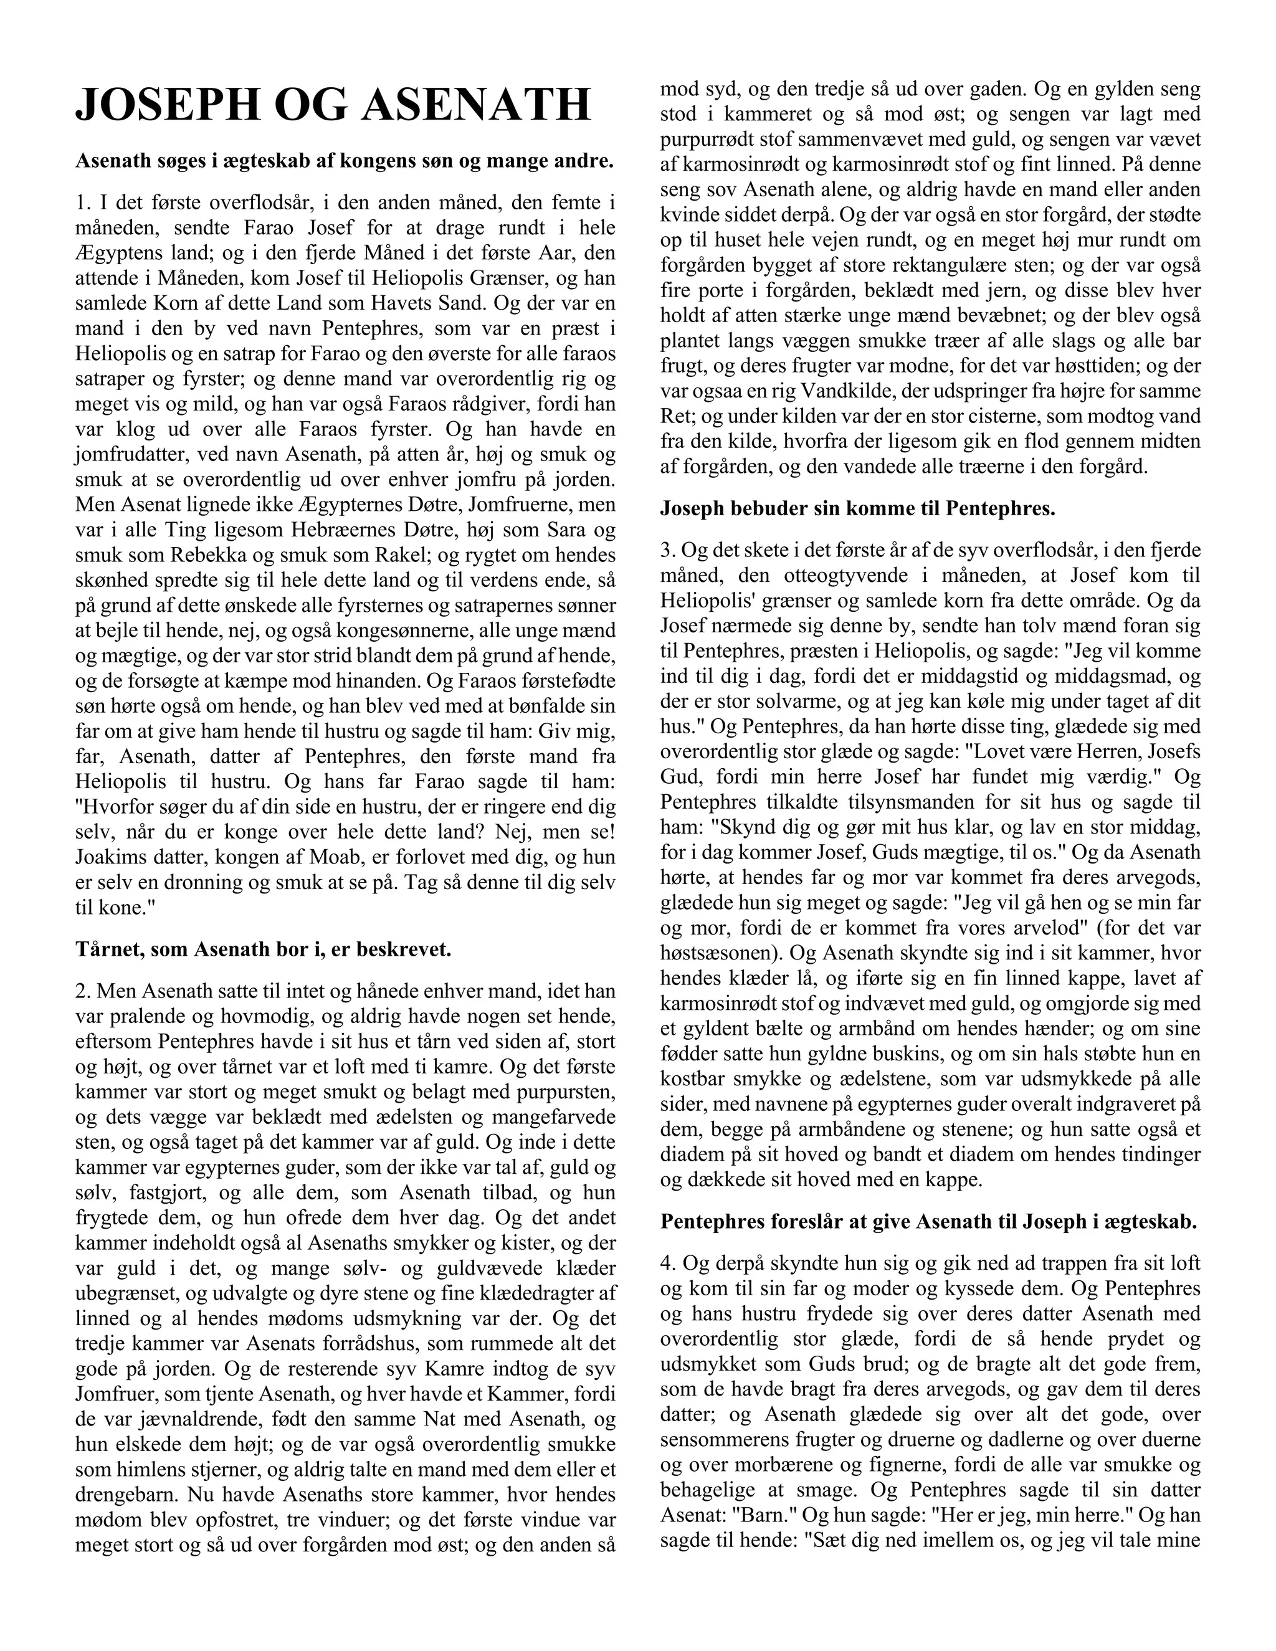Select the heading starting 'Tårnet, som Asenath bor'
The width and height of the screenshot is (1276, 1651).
[x=263, y=949]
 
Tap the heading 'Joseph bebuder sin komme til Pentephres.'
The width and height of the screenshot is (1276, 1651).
[x=857, y=509]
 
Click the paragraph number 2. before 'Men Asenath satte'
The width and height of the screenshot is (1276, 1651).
[x=83, y=991]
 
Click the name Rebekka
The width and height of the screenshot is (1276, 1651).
[x=207, y=555]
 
